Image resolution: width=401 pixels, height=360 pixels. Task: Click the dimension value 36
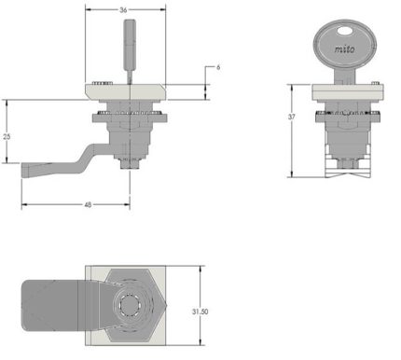tap(123, 10)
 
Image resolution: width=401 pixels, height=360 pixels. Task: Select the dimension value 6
tap(218, 67)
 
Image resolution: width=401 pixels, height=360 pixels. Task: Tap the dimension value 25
tap(7, 136)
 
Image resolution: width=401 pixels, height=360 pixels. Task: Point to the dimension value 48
tap(88, 205)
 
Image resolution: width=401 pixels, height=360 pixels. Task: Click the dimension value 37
tap(292, 117)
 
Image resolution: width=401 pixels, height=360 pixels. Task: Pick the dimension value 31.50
tap(200, 312)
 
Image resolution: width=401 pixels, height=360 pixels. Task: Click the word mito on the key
tap(344, 48)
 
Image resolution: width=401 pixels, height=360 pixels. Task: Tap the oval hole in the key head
tap(344, 31)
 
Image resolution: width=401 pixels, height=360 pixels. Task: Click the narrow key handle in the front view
tap(131, 45)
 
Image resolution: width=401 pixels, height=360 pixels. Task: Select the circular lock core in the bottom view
tap(131, 305)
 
